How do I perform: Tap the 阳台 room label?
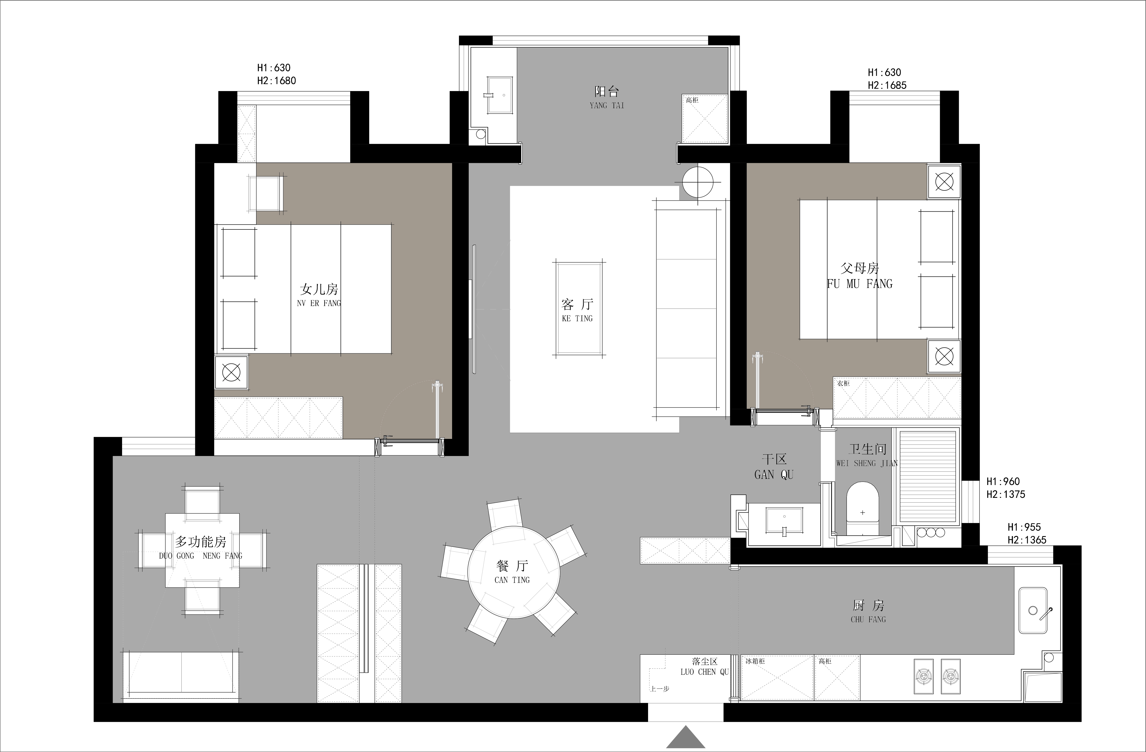(606, 91)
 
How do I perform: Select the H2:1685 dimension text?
(887, 85)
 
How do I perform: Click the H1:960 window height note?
(1003, 481)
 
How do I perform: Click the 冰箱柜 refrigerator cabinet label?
(755, 661)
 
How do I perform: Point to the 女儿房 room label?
(319, 289)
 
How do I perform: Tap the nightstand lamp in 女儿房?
(231, 372)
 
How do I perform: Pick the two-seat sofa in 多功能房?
(181, 674)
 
